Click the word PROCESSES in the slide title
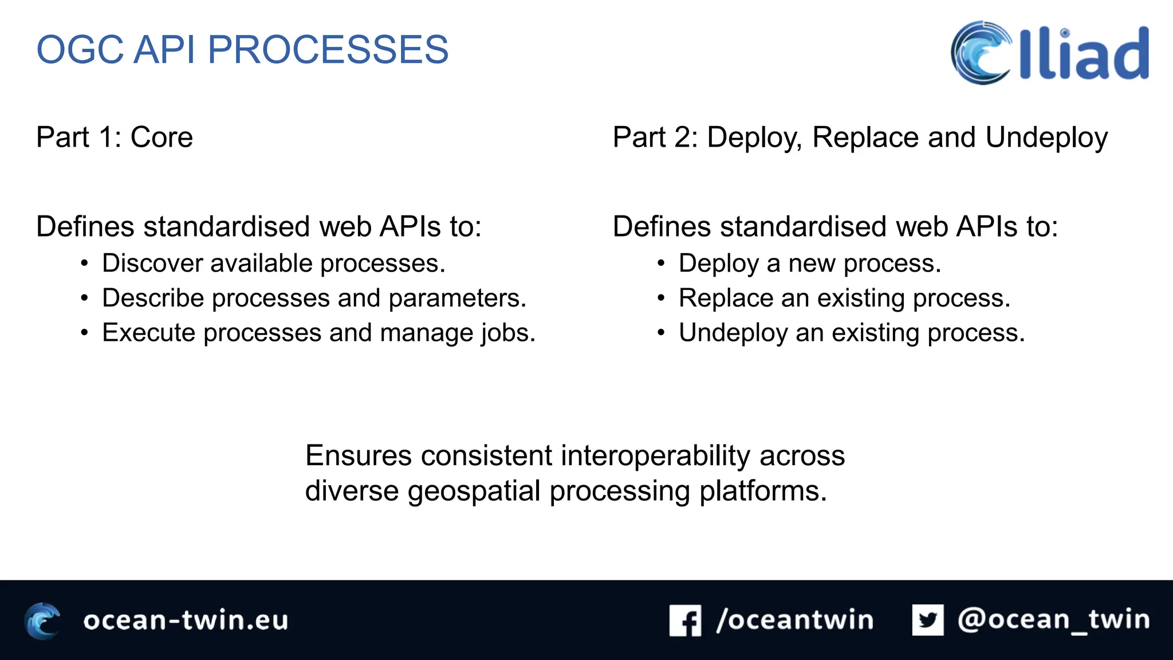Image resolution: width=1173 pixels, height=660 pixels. [x=328, y=50]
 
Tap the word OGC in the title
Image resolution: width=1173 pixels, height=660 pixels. [x=80, y=50]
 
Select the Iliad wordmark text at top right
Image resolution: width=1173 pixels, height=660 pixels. [x=1084, y=54]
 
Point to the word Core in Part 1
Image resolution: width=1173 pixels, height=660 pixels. [x=162, y=137]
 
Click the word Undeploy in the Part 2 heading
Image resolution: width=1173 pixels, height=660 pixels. [x=1046, y=138]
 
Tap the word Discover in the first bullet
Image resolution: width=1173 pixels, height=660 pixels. [x=152, y=264]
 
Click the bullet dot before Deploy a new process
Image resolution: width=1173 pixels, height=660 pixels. [x=661, y=264]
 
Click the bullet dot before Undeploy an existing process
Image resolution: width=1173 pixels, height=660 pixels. [x=661, y=333]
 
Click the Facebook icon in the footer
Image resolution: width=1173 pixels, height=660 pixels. [x=685, y=620]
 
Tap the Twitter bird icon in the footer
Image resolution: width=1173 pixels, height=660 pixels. [x=928, y=620]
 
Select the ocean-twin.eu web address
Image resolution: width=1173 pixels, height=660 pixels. [x=186, y=620]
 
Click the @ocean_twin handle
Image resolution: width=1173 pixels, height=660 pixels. [x=1053, y=620]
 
